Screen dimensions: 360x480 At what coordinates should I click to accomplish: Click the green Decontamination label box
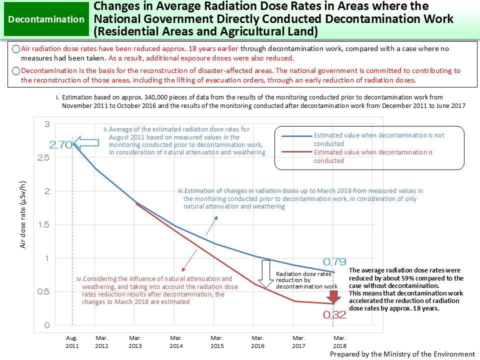(x=46, y=19)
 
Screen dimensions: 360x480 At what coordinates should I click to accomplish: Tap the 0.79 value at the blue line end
(x=334, y=261)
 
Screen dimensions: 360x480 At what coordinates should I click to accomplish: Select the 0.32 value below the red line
(x=334, y=315)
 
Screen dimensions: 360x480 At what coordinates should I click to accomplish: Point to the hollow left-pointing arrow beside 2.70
(x=84, y=143)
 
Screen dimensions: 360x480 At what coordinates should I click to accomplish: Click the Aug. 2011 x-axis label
(x=73, y=341)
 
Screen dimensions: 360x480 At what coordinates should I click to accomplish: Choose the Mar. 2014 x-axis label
(x=176, y=341)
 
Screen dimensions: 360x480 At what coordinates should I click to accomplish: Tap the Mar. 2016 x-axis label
(x=258, y=341)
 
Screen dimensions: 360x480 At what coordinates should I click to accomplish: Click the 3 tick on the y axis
(x=47, y=124)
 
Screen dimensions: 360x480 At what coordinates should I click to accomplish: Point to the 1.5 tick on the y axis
(x=44, y=225)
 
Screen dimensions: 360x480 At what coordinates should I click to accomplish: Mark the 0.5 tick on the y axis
(x=44, y=292)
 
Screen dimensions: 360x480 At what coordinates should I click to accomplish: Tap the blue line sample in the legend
(x=297, y=135)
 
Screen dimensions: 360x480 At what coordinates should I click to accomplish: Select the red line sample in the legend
(x=297, y=152)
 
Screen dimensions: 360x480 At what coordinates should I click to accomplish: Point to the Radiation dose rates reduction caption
(x=303, y=280)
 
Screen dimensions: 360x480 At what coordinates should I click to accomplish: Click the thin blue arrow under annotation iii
(x=212, y=226)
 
